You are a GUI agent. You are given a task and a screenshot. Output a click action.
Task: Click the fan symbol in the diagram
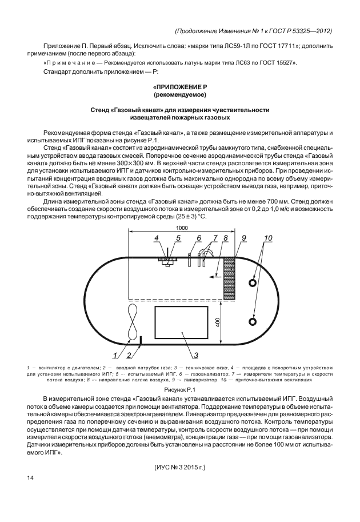132,322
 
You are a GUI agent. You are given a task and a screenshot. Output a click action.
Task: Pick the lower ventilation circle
252,322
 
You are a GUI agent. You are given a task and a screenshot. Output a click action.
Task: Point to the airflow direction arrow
215,276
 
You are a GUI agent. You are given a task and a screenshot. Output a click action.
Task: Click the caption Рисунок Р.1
181,389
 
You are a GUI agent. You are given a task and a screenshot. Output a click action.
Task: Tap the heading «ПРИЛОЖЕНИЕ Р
181,85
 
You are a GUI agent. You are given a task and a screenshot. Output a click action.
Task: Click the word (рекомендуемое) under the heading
181,93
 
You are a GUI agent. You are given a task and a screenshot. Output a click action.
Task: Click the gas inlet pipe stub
140,341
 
